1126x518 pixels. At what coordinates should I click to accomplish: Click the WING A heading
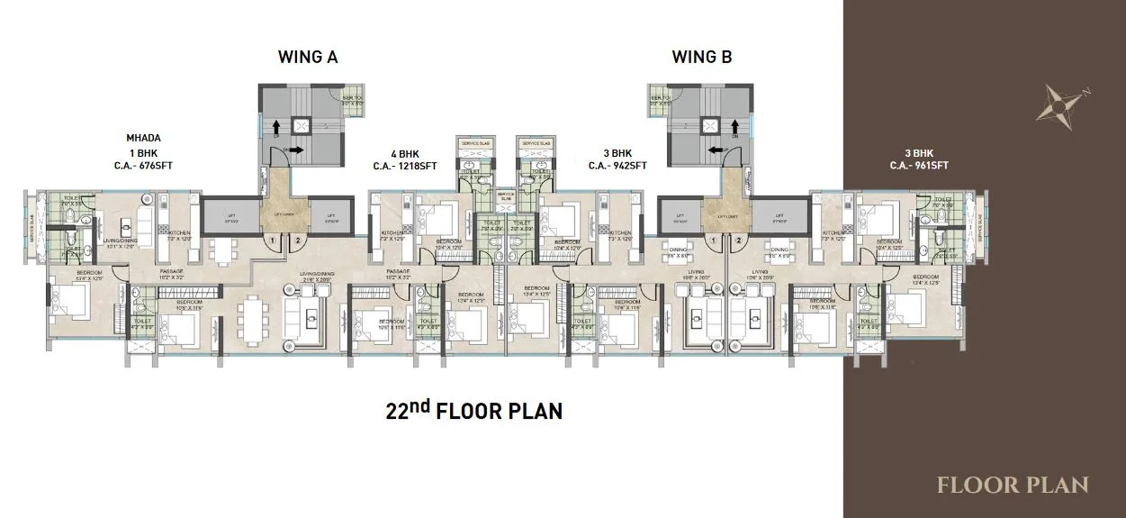coord(307,58)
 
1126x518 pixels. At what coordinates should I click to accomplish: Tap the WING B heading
coord(701,58)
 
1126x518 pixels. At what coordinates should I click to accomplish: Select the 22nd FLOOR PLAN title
coord(473,412)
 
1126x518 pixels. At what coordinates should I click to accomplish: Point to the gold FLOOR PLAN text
coord(1013,486)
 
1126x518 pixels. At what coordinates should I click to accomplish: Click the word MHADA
coord(143,138)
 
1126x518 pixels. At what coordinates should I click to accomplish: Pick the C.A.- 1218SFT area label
coord(405,166)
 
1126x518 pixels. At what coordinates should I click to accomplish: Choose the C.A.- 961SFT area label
coord(919,165)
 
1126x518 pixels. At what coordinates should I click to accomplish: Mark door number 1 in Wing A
coord(272,241)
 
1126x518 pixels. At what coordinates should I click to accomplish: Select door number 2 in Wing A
coord(297,241)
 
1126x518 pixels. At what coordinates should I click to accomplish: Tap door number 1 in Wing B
coord(713,241)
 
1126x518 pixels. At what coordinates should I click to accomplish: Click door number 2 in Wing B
coord(738,241)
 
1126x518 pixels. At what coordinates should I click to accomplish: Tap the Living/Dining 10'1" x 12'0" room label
coord(121,241)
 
